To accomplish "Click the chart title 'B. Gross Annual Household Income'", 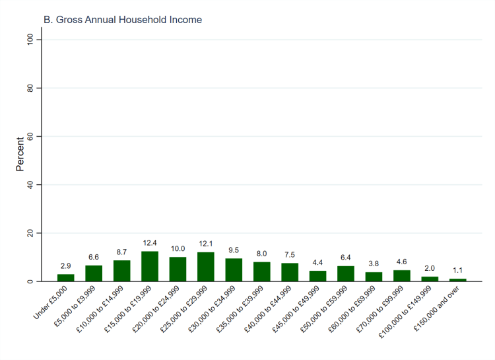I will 123,20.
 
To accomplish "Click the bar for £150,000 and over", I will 457,280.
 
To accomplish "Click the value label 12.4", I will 150,243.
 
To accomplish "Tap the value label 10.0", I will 178,249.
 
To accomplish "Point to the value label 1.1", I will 457,270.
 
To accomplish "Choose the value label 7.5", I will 290,255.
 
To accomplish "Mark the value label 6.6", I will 94,257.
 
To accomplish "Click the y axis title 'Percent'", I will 20,154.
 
